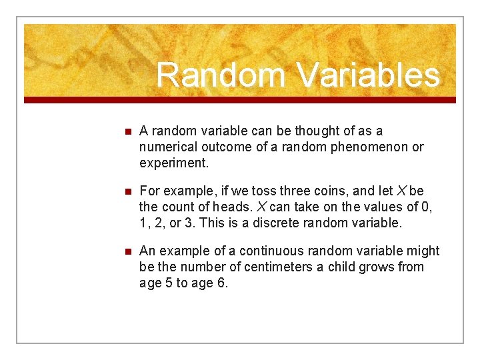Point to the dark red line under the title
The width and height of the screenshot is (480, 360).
coord(240,100)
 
